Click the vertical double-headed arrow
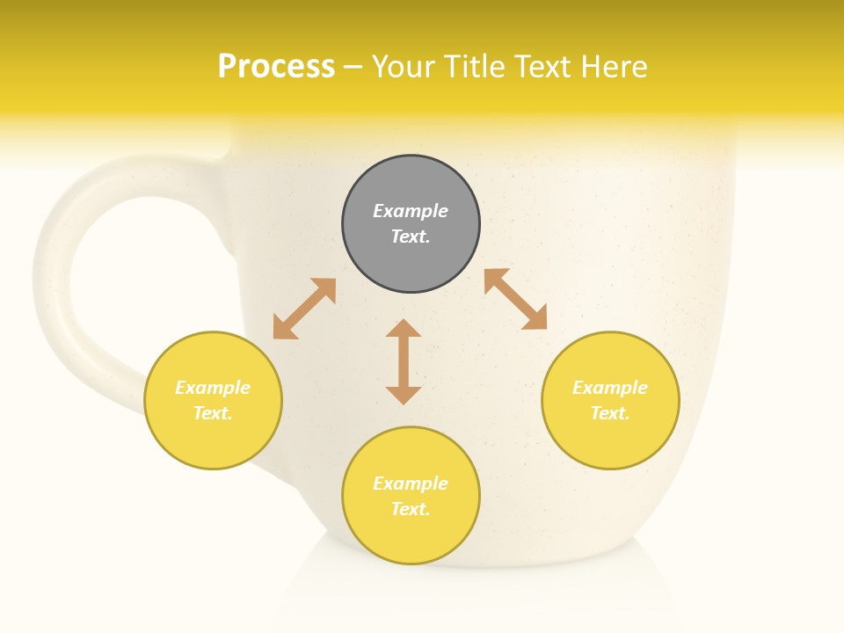point(404,361)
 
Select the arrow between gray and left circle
point(304,309)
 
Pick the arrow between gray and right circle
point(515,299)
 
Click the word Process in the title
point(276,66)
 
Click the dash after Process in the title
point(353,67)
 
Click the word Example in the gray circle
point(411,211)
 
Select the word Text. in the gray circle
point(411,236)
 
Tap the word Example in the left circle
point(213,388)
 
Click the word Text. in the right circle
point(610,413)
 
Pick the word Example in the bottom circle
point(411,484)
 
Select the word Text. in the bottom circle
point(411,509)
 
